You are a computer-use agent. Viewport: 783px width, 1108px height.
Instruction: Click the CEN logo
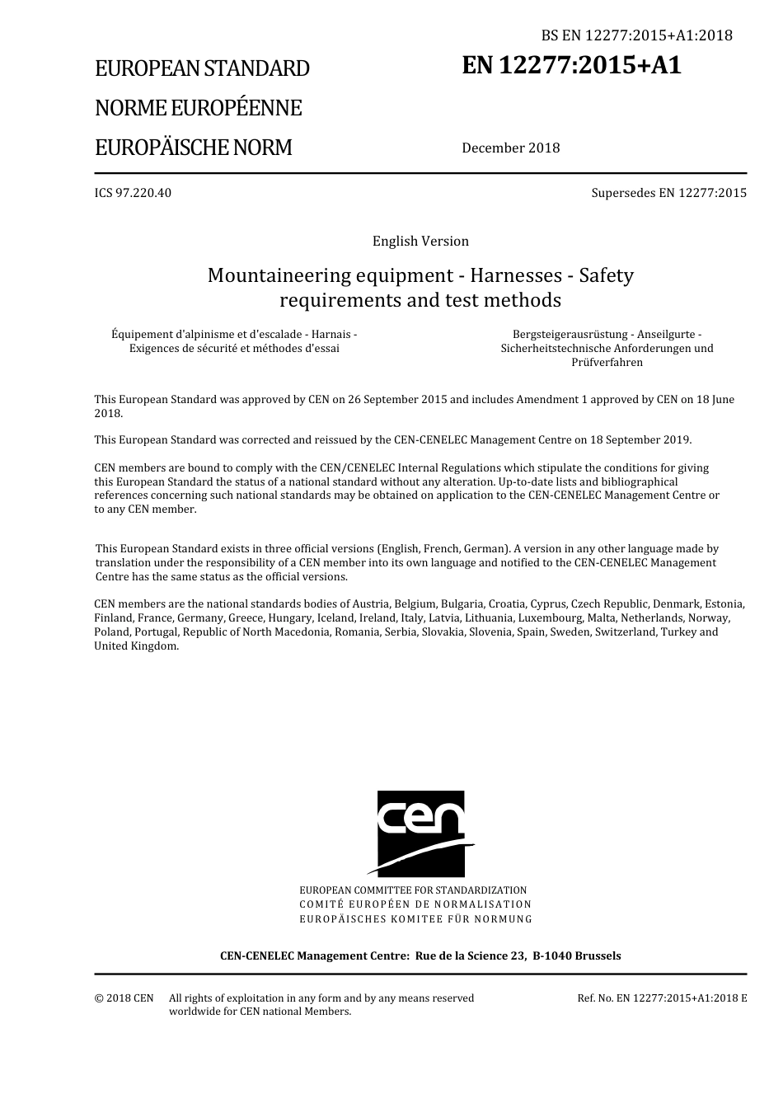click(x=420, y=833)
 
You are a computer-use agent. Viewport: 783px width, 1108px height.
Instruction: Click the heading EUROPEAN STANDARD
click(x=202, y=68)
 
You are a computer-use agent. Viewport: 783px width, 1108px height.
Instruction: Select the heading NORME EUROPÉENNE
click(x=198, y=108)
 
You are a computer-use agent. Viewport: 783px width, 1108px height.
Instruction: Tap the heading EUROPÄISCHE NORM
click(x=193, y=148)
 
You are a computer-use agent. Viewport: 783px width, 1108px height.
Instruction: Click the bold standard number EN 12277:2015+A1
click(x=572, y=65)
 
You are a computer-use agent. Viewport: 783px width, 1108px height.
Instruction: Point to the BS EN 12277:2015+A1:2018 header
click(x=636, y=35)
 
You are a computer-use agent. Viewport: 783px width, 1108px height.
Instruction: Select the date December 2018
click(x=510, y=148)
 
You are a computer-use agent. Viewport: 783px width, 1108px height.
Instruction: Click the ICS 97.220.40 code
click(x=133, y=193)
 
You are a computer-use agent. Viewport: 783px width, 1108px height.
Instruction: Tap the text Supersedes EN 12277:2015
click(x=668, y=193)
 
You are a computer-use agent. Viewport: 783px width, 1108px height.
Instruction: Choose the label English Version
click(x=420, y=241)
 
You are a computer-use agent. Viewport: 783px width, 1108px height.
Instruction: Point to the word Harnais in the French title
click(x=332, y=334)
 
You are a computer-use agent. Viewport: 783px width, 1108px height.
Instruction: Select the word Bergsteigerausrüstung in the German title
click(x=569, y=334)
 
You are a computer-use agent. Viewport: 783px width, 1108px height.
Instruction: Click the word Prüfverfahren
click(x=607, y=362)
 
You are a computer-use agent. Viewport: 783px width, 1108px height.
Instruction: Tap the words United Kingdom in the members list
click(x=135, y=646)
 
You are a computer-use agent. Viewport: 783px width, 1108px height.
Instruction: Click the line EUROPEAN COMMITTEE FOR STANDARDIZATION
click(x=413, y=890)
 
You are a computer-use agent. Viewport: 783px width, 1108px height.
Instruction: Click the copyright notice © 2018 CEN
click(x=124, y=998)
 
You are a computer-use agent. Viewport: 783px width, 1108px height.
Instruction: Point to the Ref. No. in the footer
click(x=594, y=998)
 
